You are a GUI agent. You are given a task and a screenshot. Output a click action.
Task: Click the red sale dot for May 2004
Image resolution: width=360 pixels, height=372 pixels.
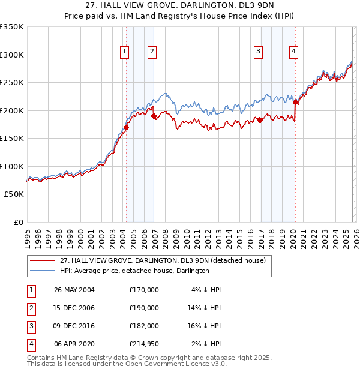point(127,127)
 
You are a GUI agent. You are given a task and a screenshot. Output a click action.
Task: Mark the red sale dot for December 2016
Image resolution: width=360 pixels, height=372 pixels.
point(260,121)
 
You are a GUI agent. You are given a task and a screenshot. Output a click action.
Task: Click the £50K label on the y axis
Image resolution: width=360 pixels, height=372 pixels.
point(14,194)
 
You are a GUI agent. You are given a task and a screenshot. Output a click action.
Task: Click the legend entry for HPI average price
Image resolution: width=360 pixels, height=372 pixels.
point(134,271)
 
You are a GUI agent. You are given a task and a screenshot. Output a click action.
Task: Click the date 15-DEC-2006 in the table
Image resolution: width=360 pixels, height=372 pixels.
point(74,308)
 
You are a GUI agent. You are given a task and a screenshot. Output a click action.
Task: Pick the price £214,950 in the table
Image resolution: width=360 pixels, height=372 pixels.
point(143,344)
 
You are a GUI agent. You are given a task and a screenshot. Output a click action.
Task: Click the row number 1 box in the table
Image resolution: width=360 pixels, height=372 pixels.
point(31,290)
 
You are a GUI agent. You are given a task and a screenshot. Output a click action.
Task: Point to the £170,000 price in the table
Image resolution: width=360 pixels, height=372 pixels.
point(143,290)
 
